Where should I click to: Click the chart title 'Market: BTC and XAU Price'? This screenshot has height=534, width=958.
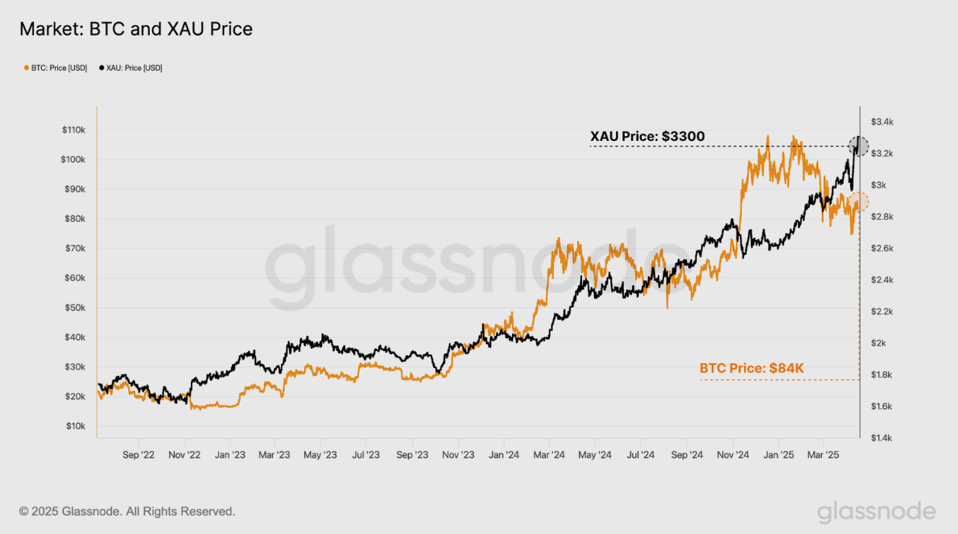(136, 30)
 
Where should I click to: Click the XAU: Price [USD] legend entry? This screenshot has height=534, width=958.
(130, 68)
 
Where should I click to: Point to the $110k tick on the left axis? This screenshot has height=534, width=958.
(74, 130)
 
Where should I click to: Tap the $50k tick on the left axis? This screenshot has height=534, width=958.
(76, 308)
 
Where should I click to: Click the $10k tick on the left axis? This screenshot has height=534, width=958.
(76, 426)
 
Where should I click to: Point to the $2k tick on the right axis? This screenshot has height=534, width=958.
(878, 343)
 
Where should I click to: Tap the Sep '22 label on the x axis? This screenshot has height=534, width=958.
(138, 455)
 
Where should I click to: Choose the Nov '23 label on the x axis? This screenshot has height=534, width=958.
(457, 455)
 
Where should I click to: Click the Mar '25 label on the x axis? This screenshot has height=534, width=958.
(822, 455)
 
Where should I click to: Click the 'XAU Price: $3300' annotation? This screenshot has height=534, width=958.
(647, 136)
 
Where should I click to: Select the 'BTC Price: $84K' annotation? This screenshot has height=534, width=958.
(752, 368)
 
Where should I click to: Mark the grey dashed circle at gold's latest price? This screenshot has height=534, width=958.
(859, 147)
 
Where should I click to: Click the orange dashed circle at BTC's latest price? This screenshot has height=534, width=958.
(858, 202)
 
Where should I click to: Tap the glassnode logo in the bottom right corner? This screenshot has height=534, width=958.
(877, 511)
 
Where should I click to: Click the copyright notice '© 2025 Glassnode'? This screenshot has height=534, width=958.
(127, 511)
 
